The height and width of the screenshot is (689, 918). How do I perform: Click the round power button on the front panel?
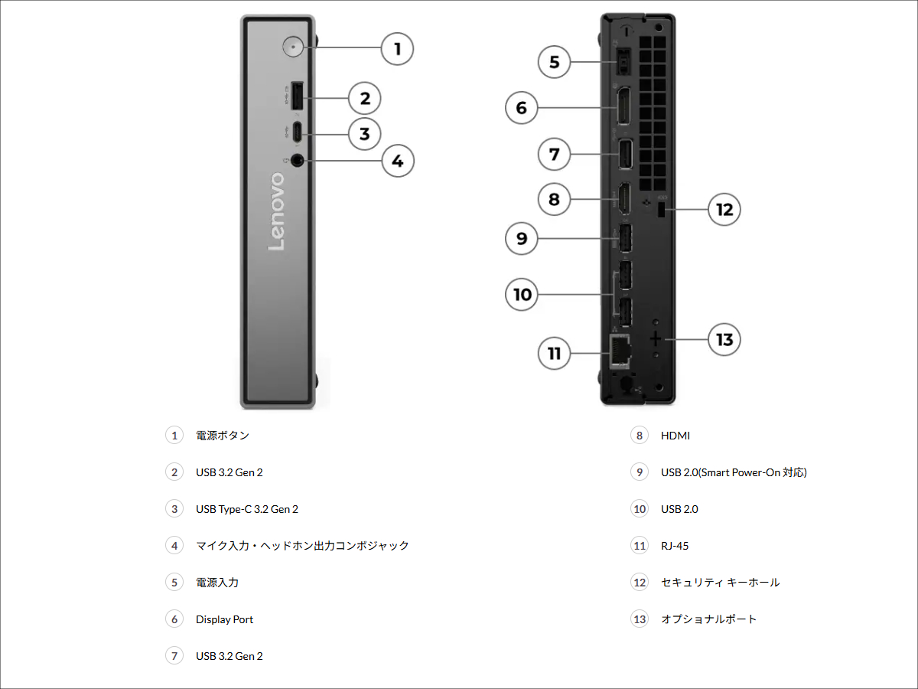click(x=293, y=47)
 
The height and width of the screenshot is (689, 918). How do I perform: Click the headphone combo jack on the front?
click(x=297, y=160)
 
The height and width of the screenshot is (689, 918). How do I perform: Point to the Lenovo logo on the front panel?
click(x=276, y=211)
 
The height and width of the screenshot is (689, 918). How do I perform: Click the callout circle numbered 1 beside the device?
click(x=397, y=50)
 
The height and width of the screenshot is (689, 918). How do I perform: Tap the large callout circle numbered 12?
click(x=724, y=208)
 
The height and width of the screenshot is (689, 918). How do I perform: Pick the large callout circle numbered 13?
click(x=724, y=338)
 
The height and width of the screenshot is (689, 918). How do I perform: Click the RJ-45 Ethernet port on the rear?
click(x=619, y=349)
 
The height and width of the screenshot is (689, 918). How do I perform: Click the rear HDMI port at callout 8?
click(x=623, y=201)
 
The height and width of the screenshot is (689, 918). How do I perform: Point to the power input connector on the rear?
click(x=622, y=61)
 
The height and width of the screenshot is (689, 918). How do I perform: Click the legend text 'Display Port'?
click(x=224, y=619)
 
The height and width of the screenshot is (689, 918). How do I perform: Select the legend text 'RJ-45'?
click(x=675, y=546)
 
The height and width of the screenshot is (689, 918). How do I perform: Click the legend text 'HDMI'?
click(x=675, y=436)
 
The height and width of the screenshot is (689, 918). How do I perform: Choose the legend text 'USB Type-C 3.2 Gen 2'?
click(x=247, y=509)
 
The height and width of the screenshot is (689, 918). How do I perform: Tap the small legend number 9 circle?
click(x=640, y=472)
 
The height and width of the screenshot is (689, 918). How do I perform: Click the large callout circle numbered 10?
click(x=522, y=294)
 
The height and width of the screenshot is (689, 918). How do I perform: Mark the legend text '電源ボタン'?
click(x=223, y=436)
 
